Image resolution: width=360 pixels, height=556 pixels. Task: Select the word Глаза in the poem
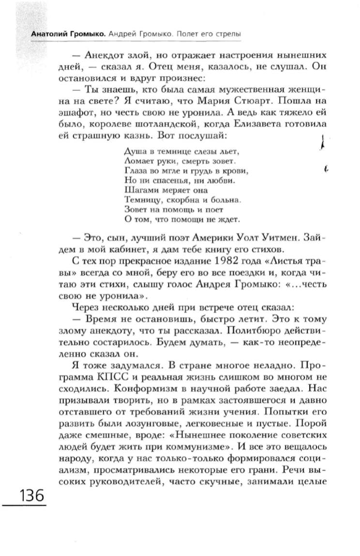point(135,170)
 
